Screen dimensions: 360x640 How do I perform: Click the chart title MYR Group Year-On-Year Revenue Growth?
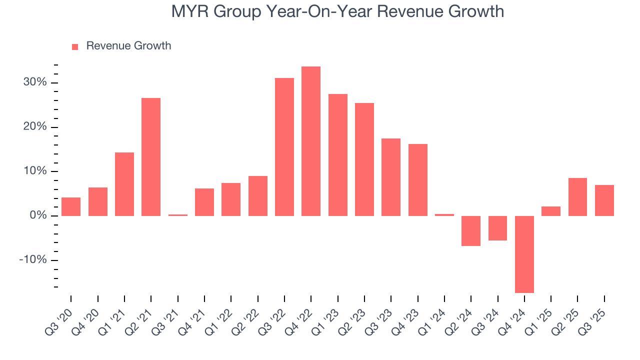coord(337,11)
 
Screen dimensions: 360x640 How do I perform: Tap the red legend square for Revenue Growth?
coord(75,46)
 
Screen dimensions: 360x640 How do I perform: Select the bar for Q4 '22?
coord(311,141)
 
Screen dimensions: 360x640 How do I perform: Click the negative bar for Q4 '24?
coord(524,254)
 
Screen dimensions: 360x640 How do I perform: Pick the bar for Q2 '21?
coord(151,156)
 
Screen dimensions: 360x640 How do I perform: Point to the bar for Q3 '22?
coord(284,146)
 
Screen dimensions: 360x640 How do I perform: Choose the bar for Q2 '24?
coord(471,230)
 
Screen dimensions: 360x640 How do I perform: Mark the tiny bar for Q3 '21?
coord(177,215)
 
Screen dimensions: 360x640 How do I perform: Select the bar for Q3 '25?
coord(604,200)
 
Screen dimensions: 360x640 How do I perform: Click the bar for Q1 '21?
coord(124,184)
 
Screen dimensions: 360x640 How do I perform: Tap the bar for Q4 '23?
coord(417,179)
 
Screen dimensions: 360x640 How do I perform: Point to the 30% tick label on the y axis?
coord(35,82)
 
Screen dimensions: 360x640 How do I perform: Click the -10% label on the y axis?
coord(33,260)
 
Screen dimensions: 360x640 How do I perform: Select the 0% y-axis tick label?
coord(38,215)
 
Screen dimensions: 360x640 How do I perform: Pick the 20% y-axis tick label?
coord(35,127)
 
